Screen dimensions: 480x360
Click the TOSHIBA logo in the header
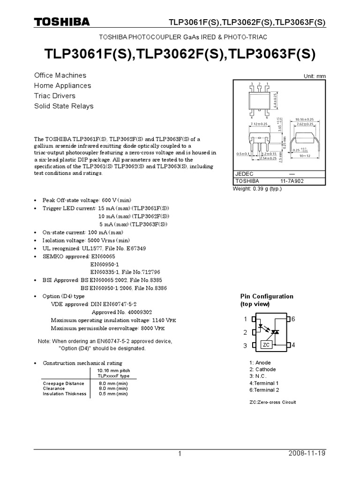(x=61, y=22)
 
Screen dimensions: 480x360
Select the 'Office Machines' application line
(x=60, y=75)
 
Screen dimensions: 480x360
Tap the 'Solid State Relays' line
(x=64, y=106)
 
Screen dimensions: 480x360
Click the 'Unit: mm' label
(x=315, y=76)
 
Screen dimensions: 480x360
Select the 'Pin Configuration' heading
(x=267, y=296)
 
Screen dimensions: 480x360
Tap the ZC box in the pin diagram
(x=266, y=345)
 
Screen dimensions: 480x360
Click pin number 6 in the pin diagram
(x=293, y=319)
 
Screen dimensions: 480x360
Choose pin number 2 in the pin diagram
(x=245, y=332)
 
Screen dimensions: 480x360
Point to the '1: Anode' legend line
(x=260, y=363)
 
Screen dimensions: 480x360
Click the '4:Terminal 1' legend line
(x=264, y=383)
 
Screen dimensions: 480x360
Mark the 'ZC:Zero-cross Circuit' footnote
(x=273, y=402)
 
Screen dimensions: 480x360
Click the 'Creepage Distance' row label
(x=64, y=383)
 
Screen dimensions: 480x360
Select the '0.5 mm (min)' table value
(x=113, y=394)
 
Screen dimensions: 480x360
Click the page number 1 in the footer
(x=180, y=454)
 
